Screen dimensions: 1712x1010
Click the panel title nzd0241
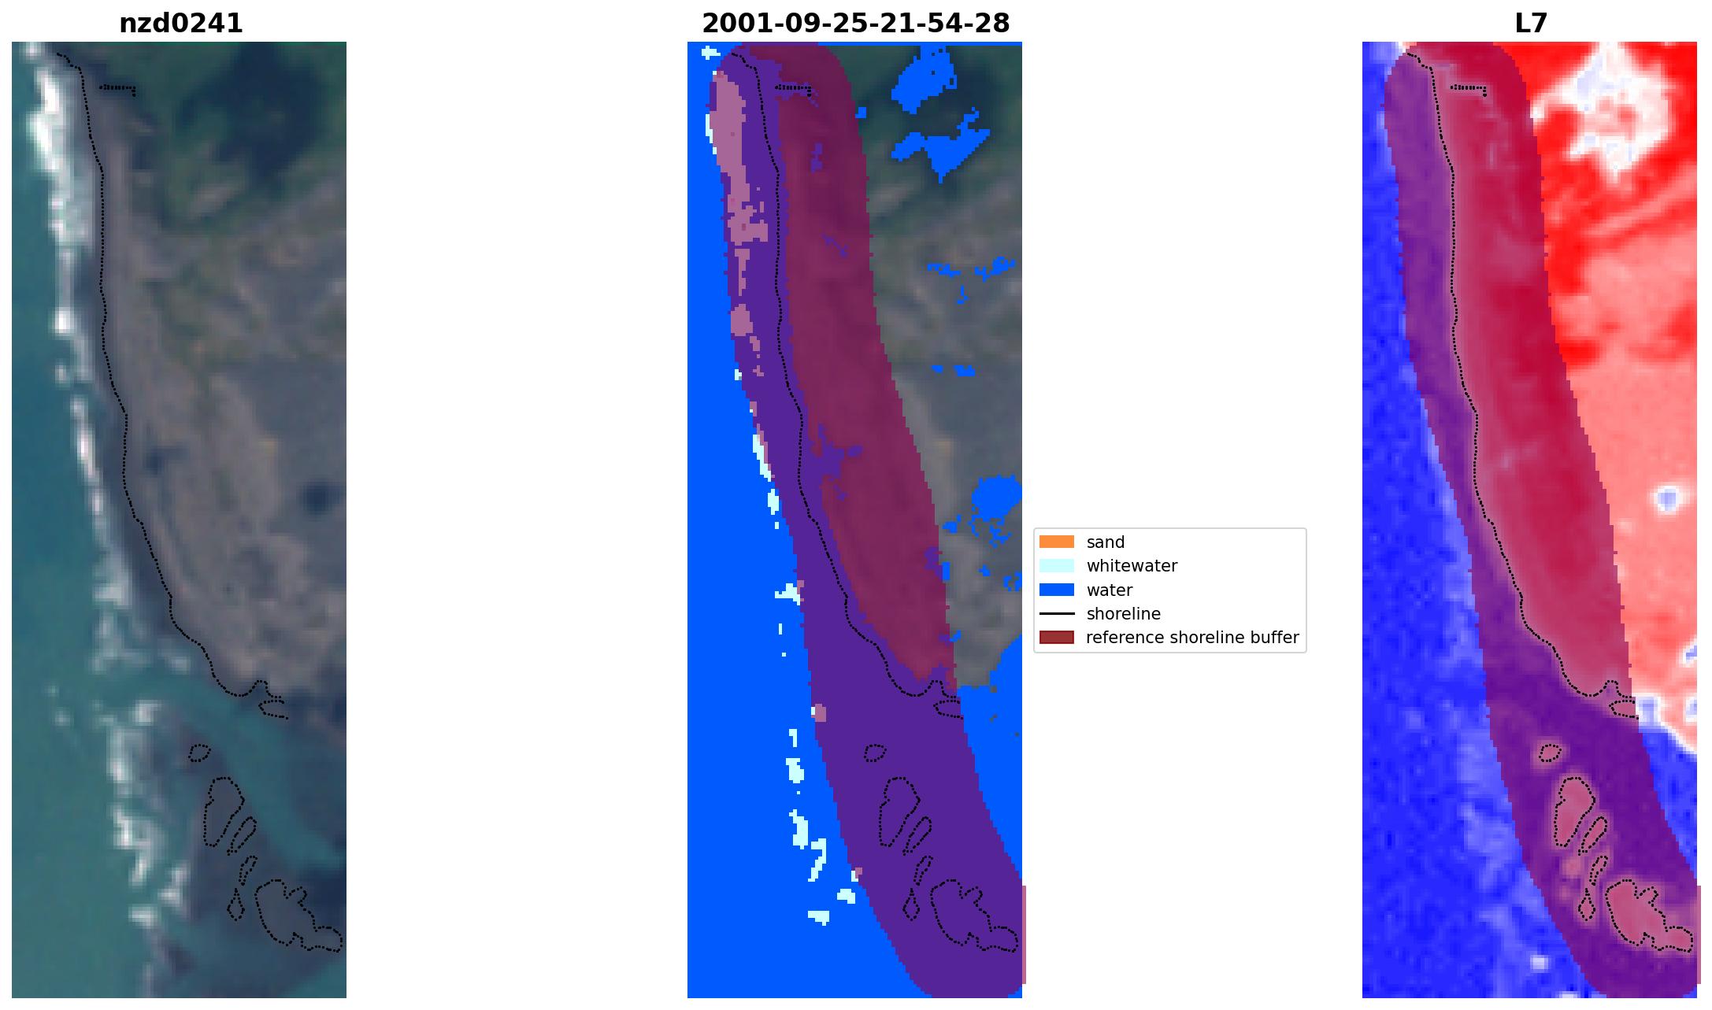pos(181,24)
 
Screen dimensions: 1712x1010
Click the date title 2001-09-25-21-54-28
pos(855,24)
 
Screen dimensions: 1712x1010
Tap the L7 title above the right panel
pos(1531,24)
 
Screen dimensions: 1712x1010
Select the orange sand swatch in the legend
pos(1056,542)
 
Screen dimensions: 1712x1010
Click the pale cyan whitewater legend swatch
pos(1056,565)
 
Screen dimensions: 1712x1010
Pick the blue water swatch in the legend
pos(1056,590)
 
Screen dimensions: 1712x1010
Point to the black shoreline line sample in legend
pos(1056,613)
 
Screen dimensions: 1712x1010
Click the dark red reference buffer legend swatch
pos(1056,637)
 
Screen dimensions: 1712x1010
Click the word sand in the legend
pos(1106,542)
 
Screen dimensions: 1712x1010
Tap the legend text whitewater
pos(1132,566)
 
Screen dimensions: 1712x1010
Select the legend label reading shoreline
pos(1123,613)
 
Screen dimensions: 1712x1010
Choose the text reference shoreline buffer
pos(1192,638)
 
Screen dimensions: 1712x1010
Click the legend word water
pos(1110,590)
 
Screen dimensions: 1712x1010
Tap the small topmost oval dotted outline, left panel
pos(199,753)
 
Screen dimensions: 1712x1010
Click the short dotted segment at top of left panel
pos(117,88)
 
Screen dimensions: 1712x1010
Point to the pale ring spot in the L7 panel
pos(1666,498)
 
